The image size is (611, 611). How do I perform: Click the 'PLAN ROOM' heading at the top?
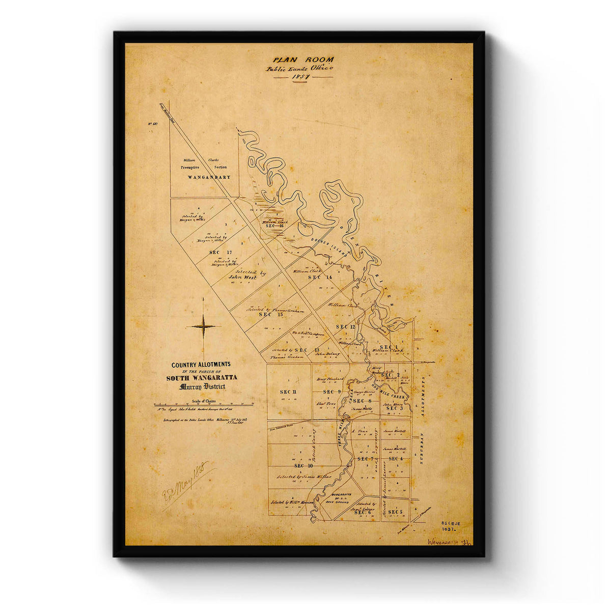tap(302, 59)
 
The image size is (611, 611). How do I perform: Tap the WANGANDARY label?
tap(209, 177)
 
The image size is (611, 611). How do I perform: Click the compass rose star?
tap(203, 326)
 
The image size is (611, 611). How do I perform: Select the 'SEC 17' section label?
tap(220, 252)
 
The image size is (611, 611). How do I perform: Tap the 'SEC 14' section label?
tap(320, 277)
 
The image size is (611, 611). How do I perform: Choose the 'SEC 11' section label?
tap(288, 391)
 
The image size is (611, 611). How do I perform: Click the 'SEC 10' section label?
tap(303, 465)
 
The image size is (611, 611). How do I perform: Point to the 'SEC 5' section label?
tap(395, 511)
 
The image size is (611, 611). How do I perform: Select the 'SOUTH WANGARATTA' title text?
tap(201, 378)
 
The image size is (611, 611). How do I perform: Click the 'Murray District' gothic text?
tap(202, 386)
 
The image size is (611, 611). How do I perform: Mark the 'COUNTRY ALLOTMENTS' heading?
tap(201, 365)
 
